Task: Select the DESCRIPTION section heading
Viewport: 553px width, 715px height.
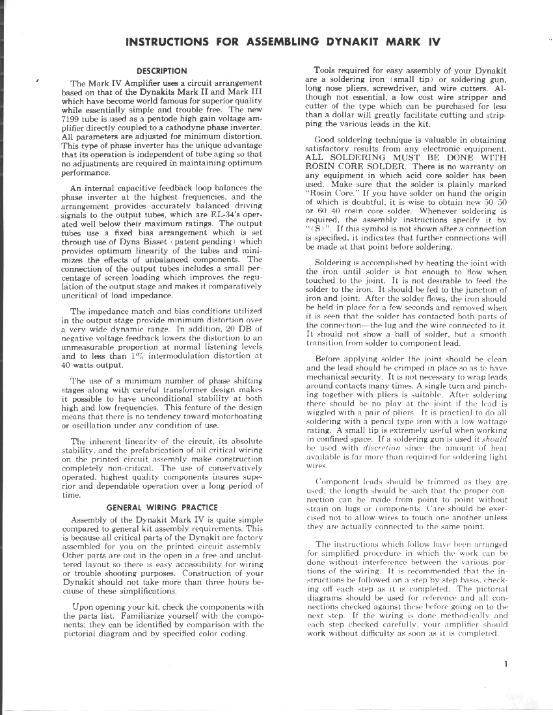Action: click(x=162, y=71)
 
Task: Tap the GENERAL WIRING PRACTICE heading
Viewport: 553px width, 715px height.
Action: click(x=162, y=507)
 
